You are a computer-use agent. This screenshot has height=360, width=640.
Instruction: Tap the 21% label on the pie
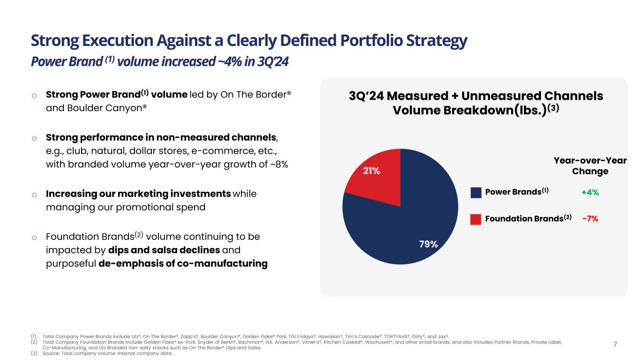[372, 171]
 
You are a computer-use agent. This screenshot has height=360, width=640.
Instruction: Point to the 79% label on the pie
[429, 244]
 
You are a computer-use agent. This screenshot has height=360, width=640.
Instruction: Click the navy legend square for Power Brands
[476, 192]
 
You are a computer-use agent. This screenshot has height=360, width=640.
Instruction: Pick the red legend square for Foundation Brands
[476, 219]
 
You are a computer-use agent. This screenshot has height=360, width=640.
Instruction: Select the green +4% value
[590, 192]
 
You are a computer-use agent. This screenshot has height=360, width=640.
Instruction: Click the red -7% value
[590, 218]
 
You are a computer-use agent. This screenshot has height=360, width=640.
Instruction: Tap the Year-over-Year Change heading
[590, 166]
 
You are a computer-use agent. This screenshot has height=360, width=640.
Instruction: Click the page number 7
[616, 345]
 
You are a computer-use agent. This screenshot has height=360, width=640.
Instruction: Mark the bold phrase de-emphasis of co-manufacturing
[183, 264]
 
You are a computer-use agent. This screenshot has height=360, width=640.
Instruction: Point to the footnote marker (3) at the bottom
[34, 354]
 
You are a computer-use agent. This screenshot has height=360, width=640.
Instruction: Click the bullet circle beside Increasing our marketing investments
[34, 195]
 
